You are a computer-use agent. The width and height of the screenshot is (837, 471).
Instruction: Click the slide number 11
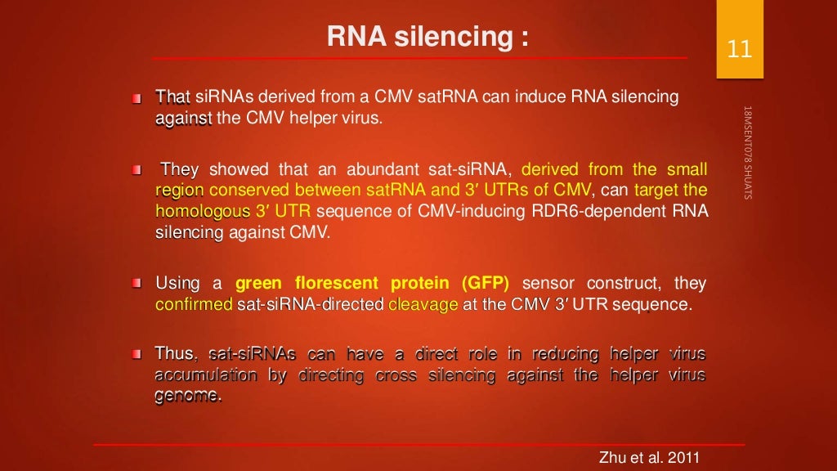[739, 50]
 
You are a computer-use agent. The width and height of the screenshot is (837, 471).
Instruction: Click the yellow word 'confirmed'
[194, 305]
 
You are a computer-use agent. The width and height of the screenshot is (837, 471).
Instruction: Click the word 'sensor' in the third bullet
[548, 284]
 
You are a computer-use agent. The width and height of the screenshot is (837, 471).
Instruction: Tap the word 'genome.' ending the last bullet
[188, 397]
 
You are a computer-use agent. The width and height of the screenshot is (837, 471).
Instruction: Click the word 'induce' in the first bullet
[546, 97]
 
